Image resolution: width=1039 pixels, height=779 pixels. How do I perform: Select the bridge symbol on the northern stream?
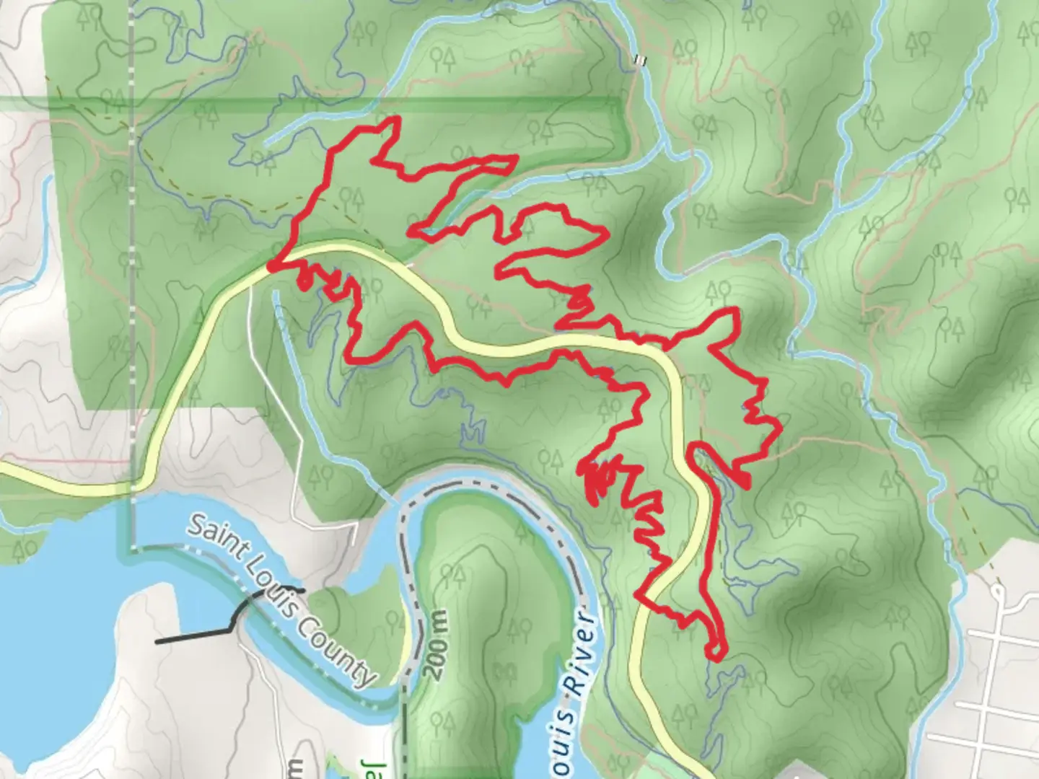tap(637, 61)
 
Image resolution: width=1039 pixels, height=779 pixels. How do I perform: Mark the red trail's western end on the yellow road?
tap(271, 268)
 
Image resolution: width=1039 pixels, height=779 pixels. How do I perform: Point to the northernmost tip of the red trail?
tap(396, 118)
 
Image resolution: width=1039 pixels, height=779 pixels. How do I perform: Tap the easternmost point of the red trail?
tap(780, 431)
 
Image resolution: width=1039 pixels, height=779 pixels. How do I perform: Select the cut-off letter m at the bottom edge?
tap(297, 769)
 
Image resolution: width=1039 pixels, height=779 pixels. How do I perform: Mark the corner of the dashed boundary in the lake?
tap(133, 549)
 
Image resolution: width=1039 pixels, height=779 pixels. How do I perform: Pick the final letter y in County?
tap(367, 677)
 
